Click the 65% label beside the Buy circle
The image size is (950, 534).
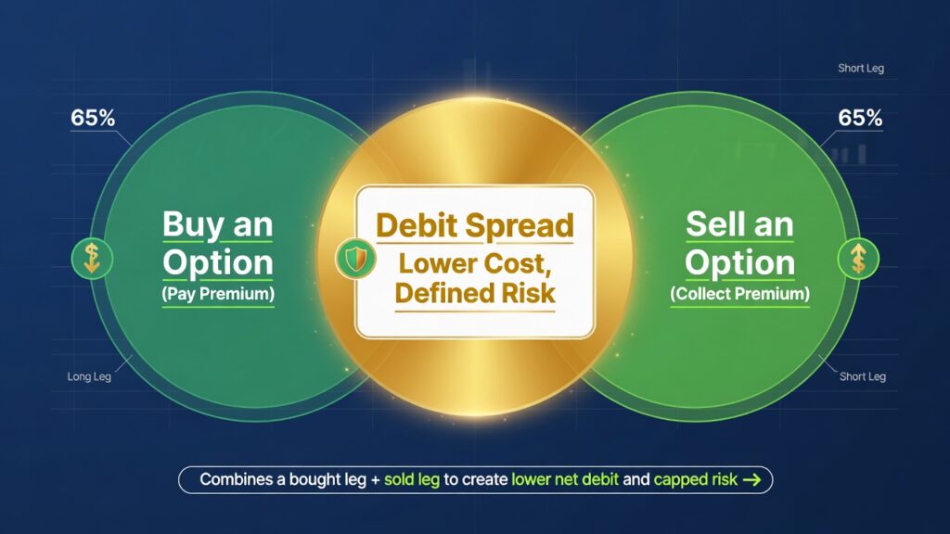pyautogui.click(x=93, y=120)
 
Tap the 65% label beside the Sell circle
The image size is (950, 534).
pyautogui.click(x=860, y=120)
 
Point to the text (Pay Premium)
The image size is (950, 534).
pyautogui.click(x=217, y=294)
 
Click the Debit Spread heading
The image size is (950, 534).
pyautogui.click(x=474, y=225)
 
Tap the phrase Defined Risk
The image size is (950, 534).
pyautogui.click(x=474, y=293)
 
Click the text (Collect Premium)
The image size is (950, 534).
pyautogui.click(x=739, y=294)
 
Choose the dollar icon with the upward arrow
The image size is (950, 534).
pyautogui.click(x=857, y=258)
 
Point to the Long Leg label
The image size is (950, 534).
pyautogui.click(x=90, y=377)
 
